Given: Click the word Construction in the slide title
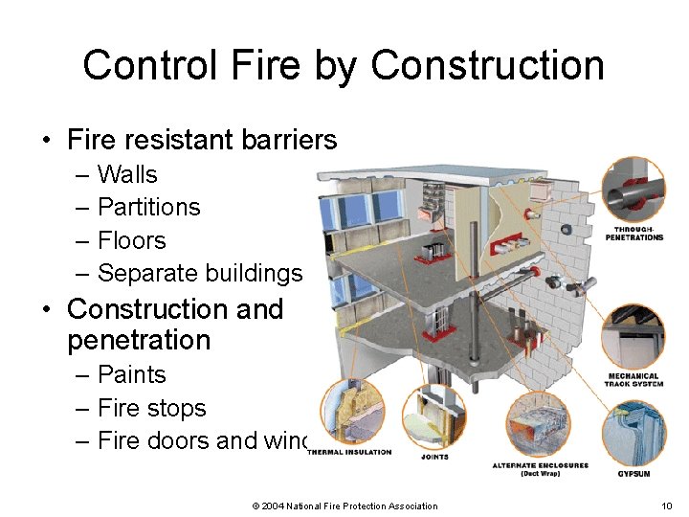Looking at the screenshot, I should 487,65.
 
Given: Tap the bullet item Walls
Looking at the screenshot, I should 127,174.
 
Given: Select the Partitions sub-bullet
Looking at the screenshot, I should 148,207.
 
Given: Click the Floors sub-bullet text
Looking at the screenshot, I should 131,240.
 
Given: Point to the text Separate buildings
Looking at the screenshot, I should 199,273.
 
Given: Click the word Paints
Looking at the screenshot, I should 131,374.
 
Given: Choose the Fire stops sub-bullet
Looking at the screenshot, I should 151,408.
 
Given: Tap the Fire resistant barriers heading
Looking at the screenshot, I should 202,140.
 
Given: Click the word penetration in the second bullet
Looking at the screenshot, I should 139,340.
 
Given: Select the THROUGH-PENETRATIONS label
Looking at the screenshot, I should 633,234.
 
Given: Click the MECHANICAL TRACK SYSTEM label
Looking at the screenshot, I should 633,379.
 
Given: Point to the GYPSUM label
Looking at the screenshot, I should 633,474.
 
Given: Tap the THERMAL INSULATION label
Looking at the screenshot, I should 349,452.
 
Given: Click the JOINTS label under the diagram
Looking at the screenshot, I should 434,457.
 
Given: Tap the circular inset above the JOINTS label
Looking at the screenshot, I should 434,417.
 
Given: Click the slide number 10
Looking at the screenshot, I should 666,506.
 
